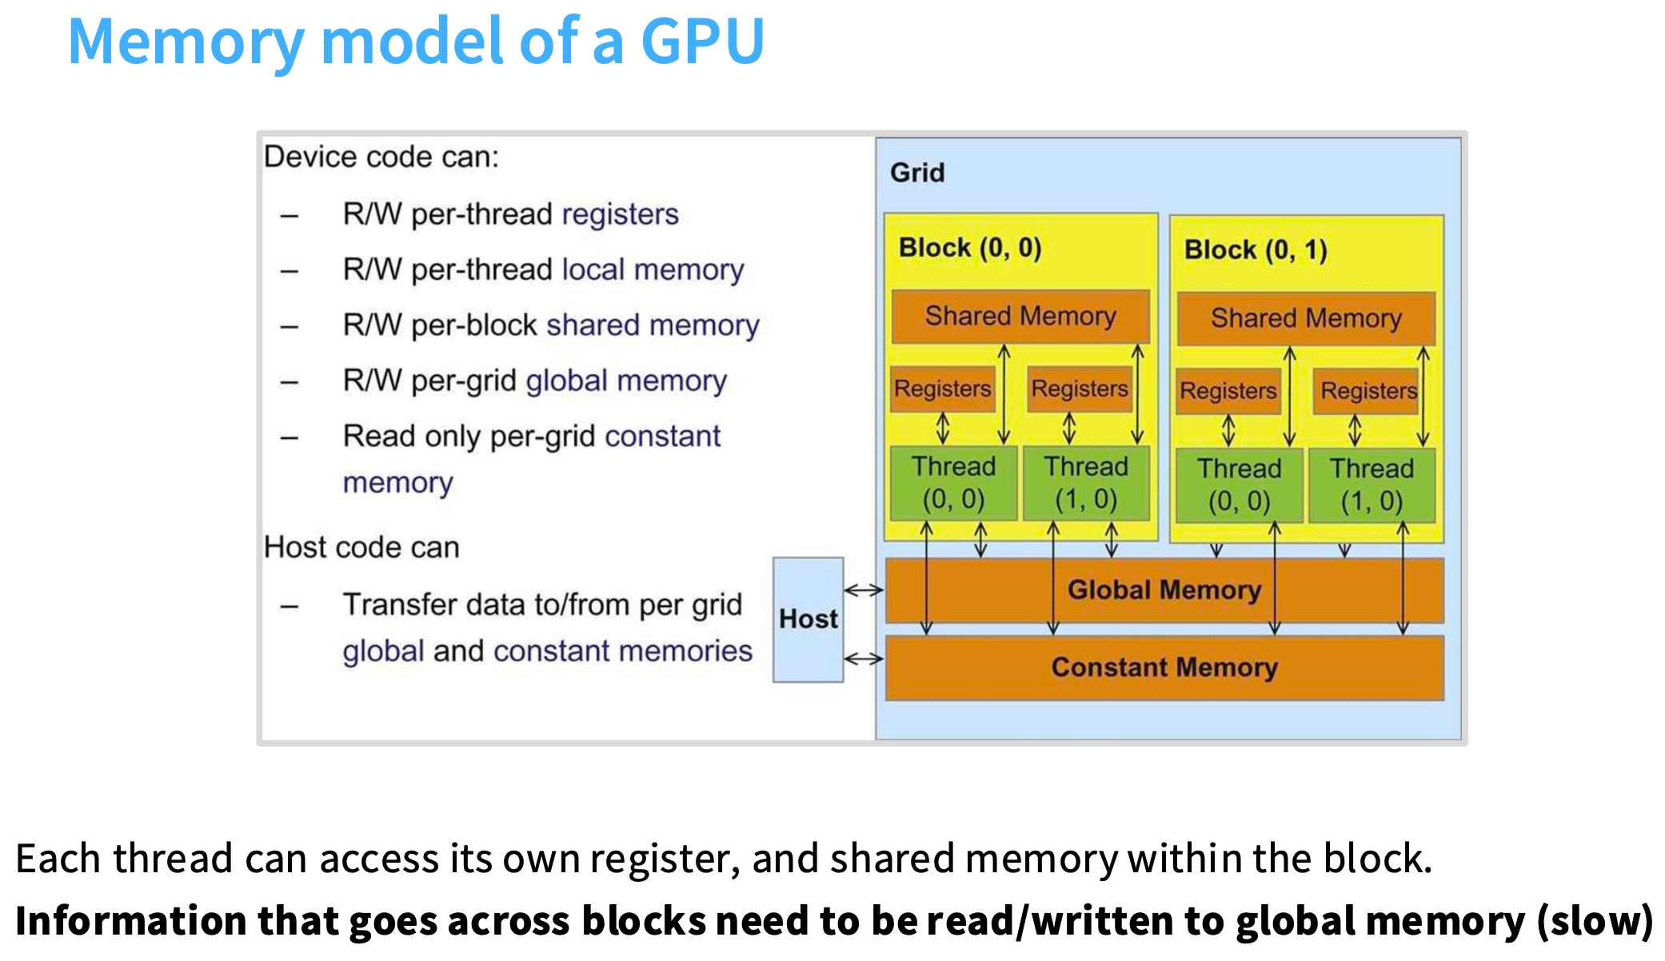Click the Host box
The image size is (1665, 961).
tap(808, 619)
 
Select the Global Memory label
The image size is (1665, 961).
tap(1164, 590)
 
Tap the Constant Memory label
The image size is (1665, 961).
tap(1164, 667)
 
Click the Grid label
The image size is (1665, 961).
tap(917, 173)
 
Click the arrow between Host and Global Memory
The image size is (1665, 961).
tap(864, 591)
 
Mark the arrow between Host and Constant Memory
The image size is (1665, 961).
tap(864, 659)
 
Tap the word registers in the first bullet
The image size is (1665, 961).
tap(620, 214)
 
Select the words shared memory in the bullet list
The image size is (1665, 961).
tap(653, 325)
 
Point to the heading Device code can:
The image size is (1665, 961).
tap(381, 157)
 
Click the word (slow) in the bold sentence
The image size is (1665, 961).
tap(1595, 921)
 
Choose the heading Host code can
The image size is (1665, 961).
tap(361, 548)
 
